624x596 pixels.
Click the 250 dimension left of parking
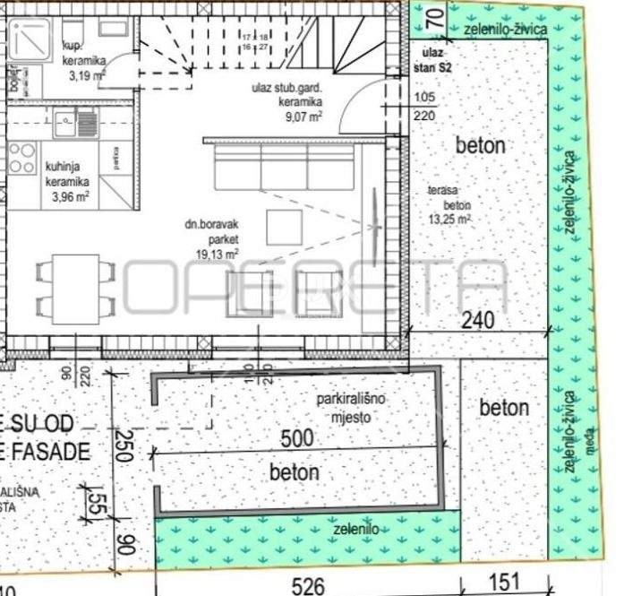point(124,443)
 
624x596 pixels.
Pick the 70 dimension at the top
point(433,15)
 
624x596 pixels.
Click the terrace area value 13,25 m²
point(450,218)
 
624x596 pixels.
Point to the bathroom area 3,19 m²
point(87,76)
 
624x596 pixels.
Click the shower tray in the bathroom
point(30,44)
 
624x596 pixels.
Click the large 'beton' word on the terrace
point(480,145)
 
